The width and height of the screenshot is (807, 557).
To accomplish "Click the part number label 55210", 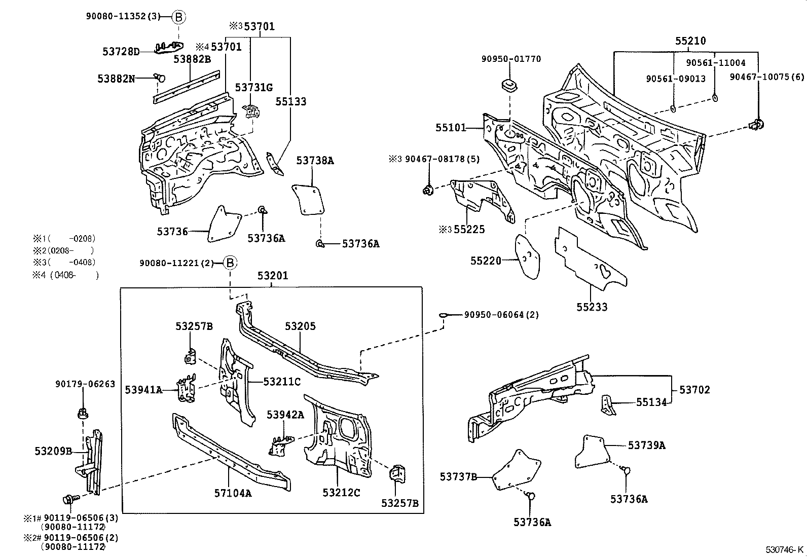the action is (690, 41).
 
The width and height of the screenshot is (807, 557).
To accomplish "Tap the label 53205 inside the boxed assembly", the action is (300, 326).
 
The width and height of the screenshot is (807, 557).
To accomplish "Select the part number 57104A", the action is (233, 493).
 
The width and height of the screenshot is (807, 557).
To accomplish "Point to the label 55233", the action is (592, 307).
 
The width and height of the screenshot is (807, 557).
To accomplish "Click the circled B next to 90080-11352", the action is (178, 17).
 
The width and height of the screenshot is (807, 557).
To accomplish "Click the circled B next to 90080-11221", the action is (230, 263).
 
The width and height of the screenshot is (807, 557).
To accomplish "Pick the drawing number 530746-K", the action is (784, 549).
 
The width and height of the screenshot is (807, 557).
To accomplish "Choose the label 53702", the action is (694, 389).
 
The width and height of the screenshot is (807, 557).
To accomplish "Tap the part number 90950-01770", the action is (511, 59).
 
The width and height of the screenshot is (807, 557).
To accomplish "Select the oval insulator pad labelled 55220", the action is (528, 256).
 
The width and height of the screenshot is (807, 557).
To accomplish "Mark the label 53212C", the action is (341, 493).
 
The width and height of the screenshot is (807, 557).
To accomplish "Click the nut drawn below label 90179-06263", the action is (83, 413).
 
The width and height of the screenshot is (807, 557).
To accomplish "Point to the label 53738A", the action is (315, 160).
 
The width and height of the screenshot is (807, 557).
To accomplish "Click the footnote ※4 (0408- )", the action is (65, 275).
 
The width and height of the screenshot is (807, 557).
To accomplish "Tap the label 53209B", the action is (53, 451).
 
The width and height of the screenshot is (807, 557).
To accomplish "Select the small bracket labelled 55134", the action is (608, 405).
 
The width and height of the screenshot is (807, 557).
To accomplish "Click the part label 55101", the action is (451, 128).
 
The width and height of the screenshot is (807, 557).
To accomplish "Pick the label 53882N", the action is (116, 79).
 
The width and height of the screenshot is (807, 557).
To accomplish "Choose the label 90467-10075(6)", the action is (767, 77).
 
